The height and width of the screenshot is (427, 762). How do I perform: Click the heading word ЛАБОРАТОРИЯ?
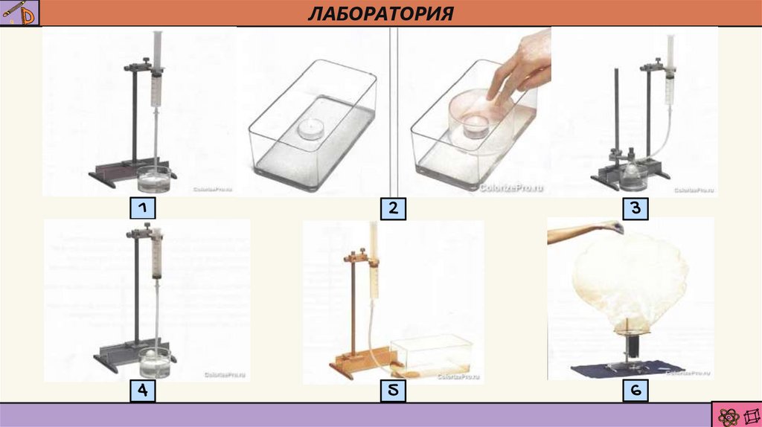[380, 13]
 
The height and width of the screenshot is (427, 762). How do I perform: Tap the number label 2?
[393, 209]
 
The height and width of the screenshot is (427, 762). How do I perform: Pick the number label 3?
[635, 208]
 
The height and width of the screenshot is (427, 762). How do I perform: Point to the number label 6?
[637, 391]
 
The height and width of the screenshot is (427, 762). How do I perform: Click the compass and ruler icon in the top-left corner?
[19, 13]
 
